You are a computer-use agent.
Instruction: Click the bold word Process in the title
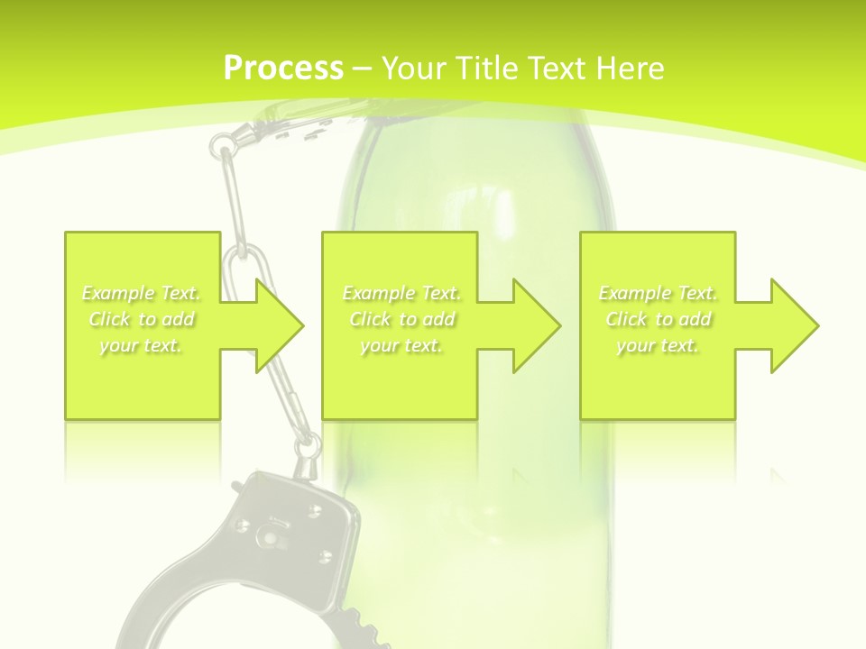pyautogui.click(x=283, y=69)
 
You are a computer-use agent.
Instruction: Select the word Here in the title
pyautogui.click(x=631, y=69)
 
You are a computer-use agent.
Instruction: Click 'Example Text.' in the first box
pyautogui.click(x=141, y=293)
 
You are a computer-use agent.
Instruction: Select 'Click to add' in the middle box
pyautogui.click(x=401, y=319)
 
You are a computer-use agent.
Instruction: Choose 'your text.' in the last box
pyautogui.click(x=658, y=345)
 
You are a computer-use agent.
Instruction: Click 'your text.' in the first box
pyautogui.click(x=141, y=345)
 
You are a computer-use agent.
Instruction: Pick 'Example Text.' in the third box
pyautogui.click(x=658, y=293)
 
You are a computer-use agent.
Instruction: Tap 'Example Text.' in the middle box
pyautogui.click(x=401, y=293)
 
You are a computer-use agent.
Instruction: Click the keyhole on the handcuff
pyautogui.click(x=268, y=538)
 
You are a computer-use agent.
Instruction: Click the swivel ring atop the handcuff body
pyautogui.click(x=307, y=445)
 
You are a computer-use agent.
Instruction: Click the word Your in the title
pyautogui.click(x=412, y=69)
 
